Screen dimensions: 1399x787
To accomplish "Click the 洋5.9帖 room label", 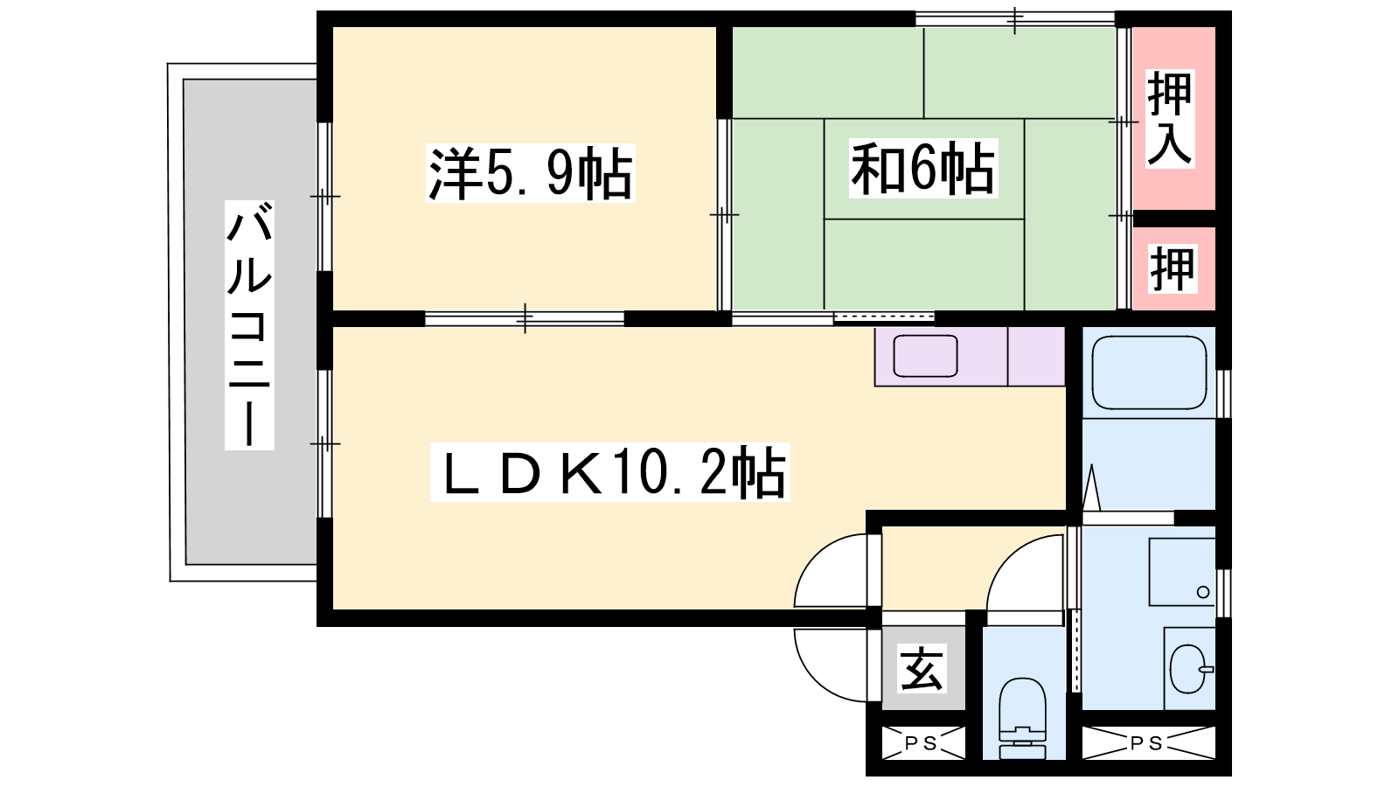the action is click(x=530, y=173).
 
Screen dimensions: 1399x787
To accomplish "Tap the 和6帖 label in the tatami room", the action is click(x=923, y=169).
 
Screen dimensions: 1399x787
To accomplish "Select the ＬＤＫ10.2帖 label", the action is click(x=610, y=472).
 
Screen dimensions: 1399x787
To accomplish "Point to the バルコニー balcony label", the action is click(x=249, y=324).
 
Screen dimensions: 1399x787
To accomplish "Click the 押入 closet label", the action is click(x=1170, y=119).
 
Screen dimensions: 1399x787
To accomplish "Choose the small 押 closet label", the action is click(x=1173, y=268).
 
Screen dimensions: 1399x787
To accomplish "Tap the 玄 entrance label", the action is click(x=922, y=668).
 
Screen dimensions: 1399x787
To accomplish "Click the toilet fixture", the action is click(x=1022, y=718).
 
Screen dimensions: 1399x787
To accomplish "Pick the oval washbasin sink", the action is click(x=1188, y=669).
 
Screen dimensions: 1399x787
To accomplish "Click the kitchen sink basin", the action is click(x=925, y=356).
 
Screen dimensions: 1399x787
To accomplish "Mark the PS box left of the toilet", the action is click(x=922, y=742).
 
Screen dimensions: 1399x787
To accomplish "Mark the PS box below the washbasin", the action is click(x=1148, y=742).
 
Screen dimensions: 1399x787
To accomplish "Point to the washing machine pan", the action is click(x=1182, y=572).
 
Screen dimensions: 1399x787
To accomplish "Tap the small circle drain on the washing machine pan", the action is click(x=1203, y=592).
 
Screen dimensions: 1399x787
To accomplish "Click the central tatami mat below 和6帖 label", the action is click(x=923, y=263).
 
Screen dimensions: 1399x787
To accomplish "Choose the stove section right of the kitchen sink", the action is click(x=1036, y=356).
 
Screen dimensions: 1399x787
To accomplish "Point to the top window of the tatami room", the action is click(x=1015, y=18).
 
